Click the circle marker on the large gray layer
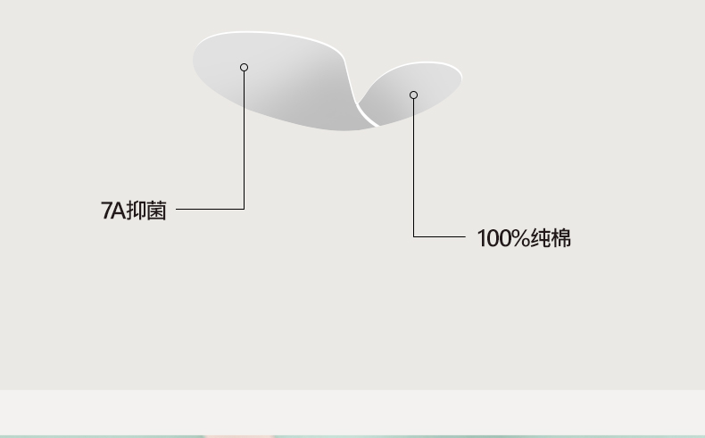(244, 67)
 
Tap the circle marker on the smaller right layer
(413, 95)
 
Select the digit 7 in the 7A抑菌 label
(106, 211)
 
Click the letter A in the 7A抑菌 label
(118, 211)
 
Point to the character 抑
(136, 211)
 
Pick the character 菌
(156, 211)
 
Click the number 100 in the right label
(492, 238)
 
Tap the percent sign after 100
(518, 238)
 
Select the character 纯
(540, 238)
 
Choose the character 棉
(560, 238)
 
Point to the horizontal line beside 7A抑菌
(210, 209)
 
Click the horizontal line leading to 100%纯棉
(439, 236)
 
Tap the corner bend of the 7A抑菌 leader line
(244, 209)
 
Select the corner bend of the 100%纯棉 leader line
(413, 236)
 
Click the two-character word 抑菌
(146, 211)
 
